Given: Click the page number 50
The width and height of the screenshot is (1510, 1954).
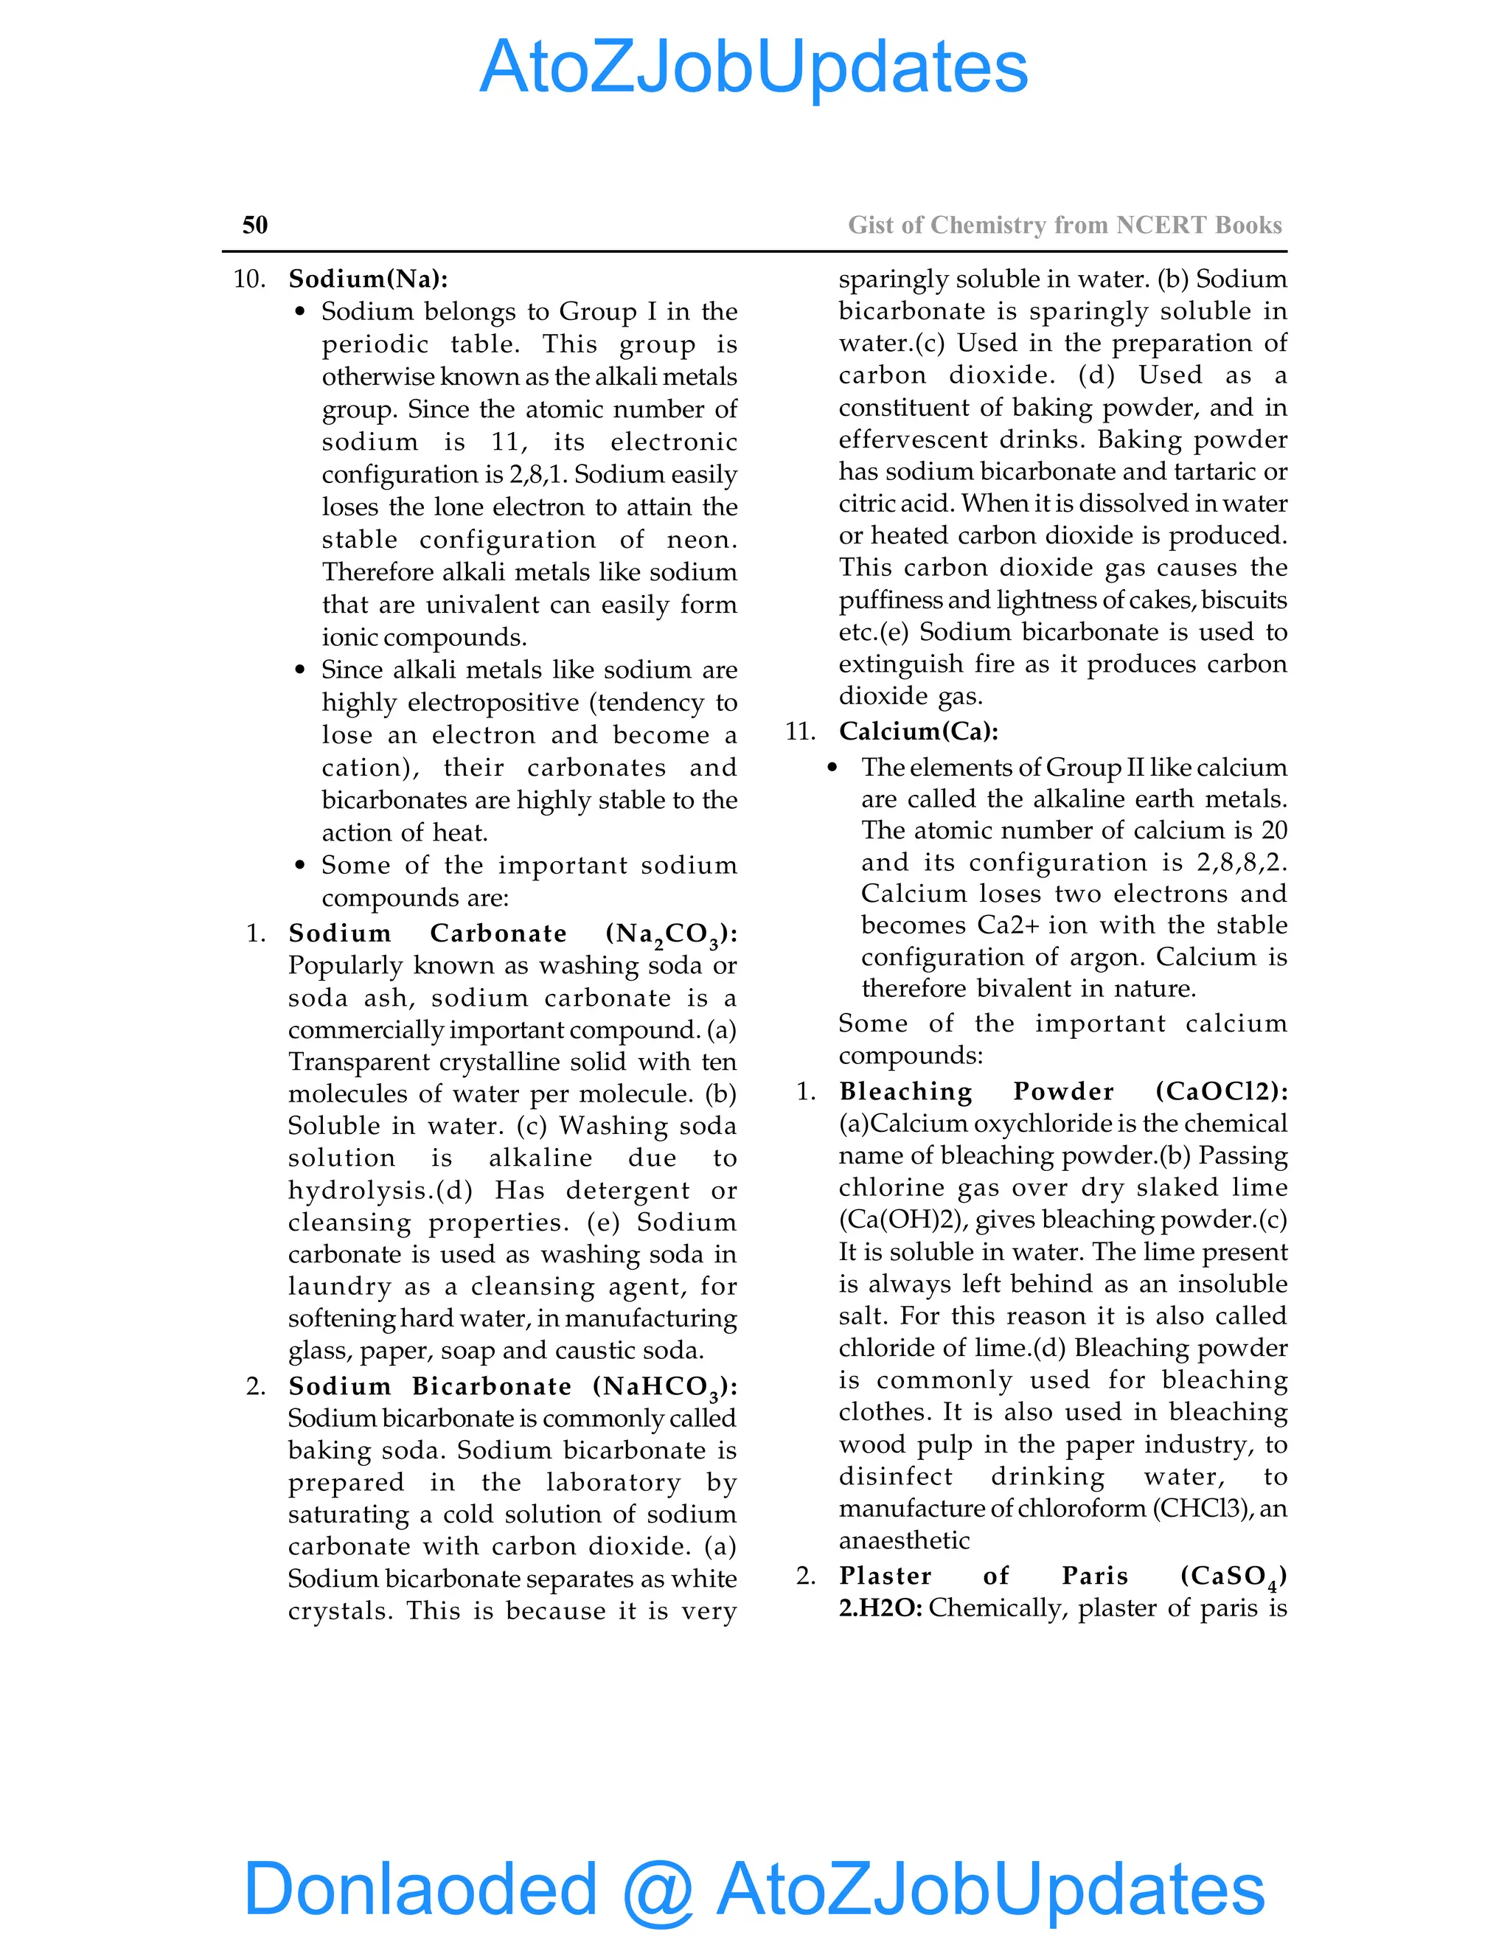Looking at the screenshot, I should pyautogui.click(x=255, y=225).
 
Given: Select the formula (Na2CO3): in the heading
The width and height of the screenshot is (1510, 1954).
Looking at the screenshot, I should pyautogui.click(x=671, y=934).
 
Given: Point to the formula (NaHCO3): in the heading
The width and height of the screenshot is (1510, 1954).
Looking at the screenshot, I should pyautogui.click(x=664, y=1387).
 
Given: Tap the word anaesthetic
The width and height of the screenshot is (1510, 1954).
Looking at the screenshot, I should pyautogui.click(x=903, y=1540).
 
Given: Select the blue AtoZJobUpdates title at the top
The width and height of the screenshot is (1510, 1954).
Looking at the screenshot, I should pyautogui.click(x=754, y=67).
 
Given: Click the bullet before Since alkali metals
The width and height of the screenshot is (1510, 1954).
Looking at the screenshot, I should pyautogui.click(x=301, y=670).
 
